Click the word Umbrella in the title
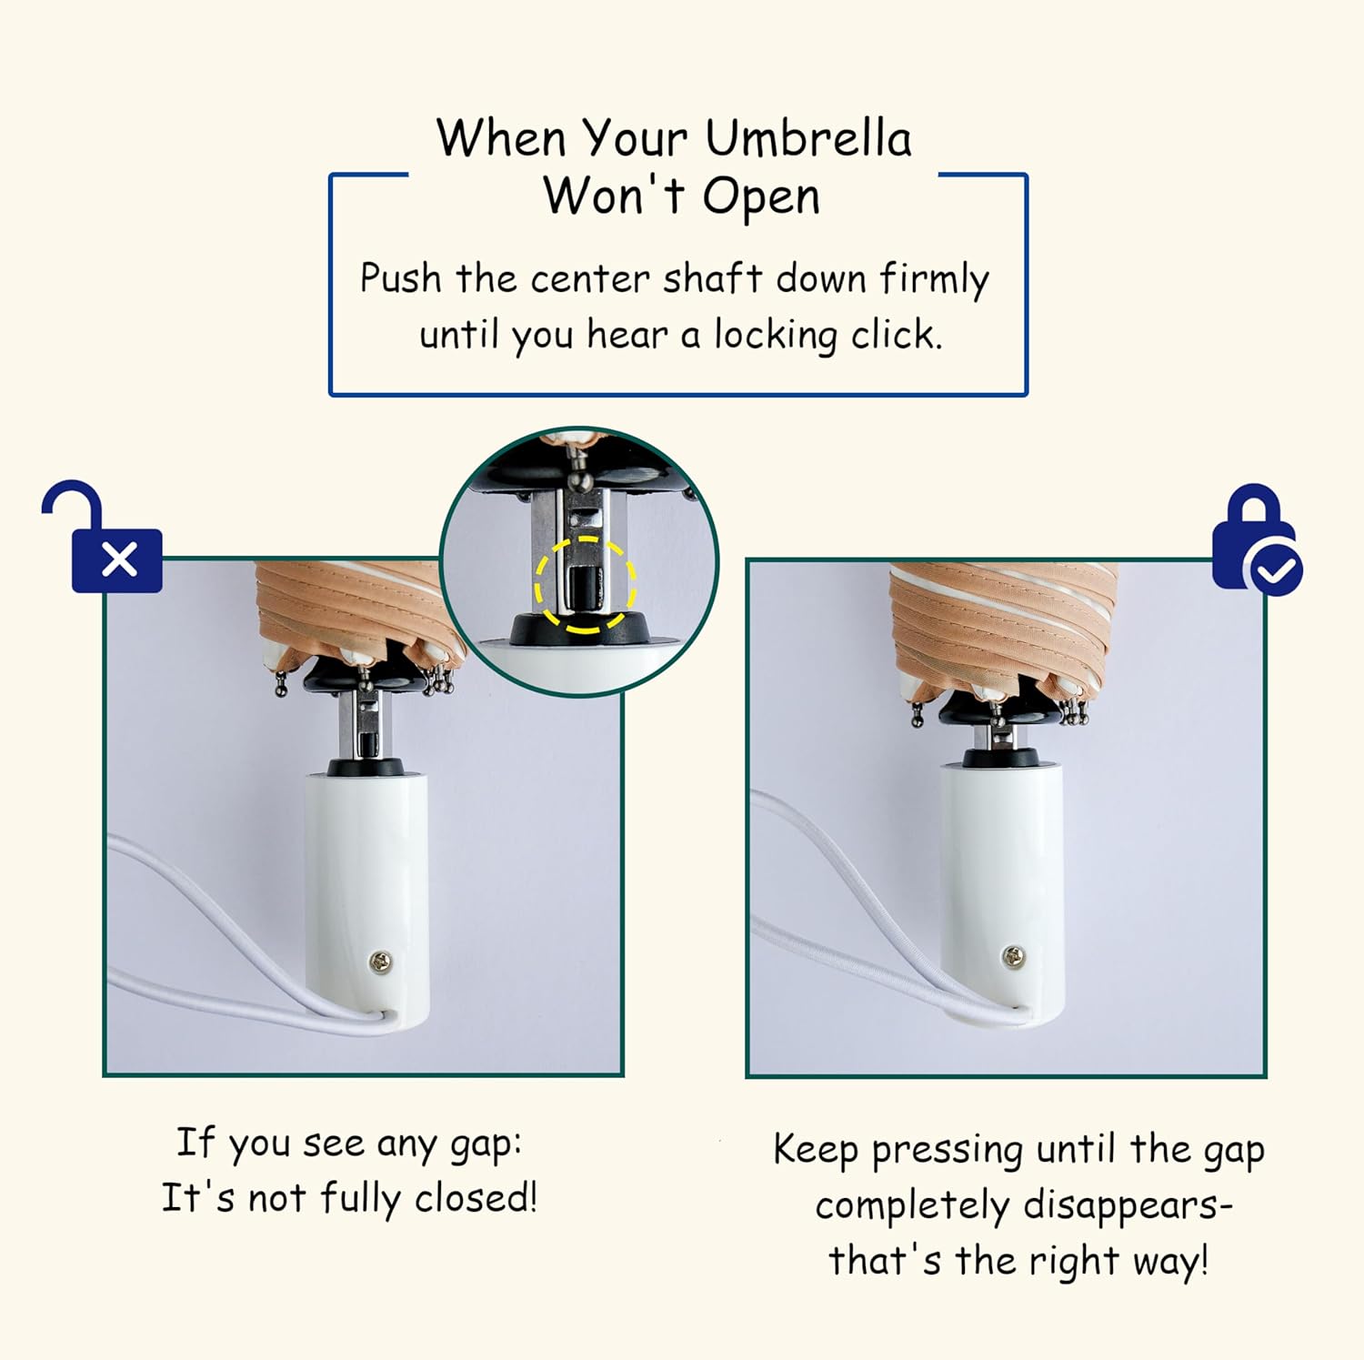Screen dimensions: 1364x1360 [x=807, y=138]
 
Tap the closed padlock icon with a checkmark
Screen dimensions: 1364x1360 [x=1257, y=539]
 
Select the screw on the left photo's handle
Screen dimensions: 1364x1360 [x=381, y=961]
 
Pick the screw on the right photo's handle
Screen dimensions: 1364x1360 [x=1013, y=956]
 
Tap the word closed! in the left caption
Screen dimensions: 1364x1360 [x=476, y=1197]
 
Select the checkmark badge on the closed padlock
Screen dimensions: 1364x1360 [x=1277, y=569]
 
